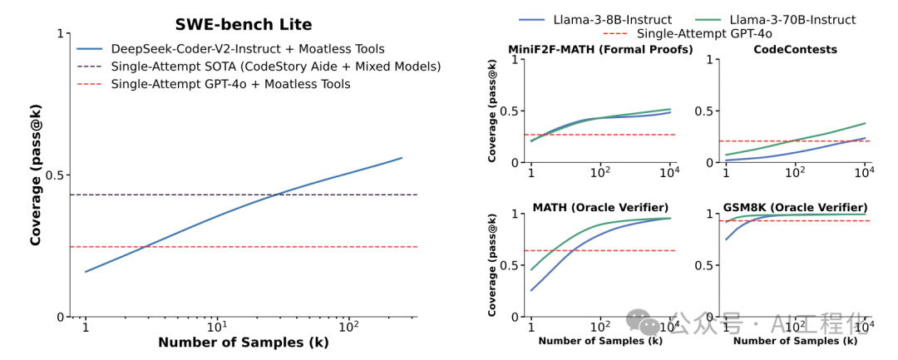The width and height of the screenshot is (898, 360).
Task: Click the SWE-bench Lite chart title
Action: (x=244, y=25)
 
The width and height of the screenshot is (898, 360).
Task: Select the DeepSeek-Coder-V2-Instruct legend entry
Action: (x=230, y=49)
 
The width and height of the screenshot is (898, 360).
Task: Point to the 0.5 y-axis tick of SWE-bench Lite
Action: (x=52, y=175)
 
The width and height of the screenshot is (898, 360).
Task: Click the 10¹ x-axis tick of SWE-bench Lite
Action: (x=218, y=328)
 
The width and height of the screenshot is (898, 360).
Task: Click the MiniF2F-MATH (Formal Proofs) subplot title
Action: (x=601, y=49)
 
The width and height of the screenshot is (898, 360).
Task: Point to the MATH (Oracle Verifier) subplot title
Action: (x=601, y=206)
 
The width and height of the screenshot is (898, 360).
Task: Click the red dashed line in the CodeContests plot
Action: (x=796, y=141)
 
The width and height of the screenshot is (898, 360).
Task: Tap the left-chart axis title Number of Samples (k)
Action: (x=244, y=343)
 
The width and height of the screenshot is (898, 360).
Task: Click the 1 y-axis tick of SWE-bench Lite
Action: (x=59, y=33)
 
